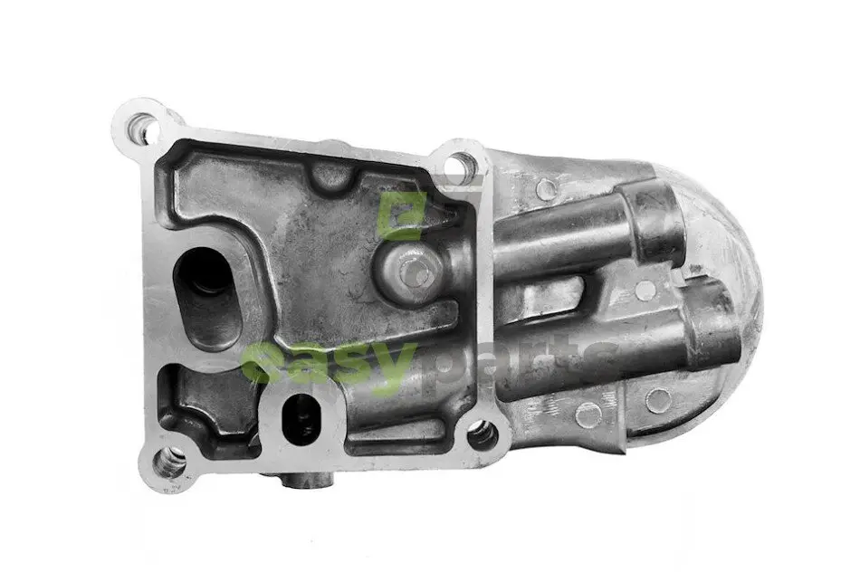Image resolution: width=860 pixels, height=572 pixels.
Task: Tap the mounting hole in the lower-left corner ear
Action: [x=169, y=461]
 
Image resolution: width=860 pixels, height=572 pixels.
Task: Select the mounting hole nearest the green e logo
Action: [x=460, y=163]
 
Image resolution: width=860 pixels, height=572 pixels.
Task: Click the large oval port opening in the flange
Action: [x=206, y=297]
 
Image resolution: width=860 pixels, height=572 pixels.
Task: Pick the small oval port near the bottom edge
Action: [x=300, y=419]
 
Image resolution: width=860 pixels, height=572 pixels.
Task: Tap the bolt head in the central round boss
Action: [x=414, y=271]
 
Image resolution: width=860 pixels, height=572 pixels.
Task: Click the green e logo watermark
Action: [x=401, y=215]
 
